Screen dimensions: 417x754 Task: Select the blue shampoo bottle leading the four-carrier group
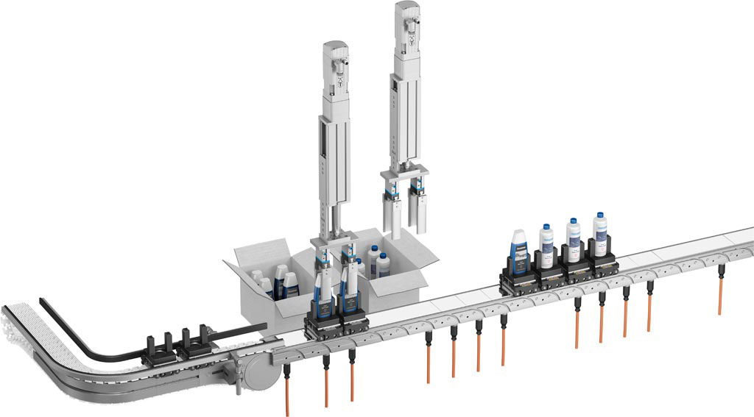point(519,246)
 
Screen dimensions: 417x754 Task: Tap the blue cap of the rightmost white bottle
point(599,218)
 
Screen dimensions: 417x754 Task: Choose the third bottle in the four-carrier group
point(573,239)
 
